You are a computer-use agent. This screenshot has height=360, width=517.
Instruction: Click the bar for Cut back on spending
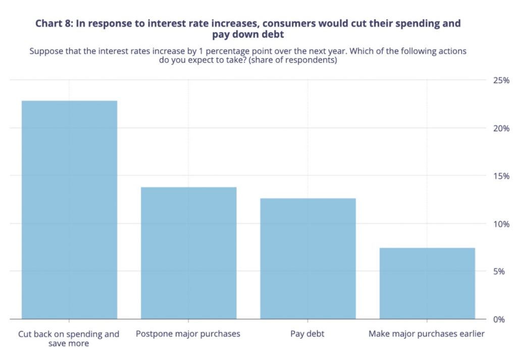(x=69, y=210)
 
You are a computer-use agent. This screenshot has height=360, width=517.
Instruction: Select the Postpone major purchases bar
(x=188, y=252)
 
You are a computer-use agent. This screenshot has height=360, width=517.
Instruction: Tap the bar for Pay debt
(x=307, y=258)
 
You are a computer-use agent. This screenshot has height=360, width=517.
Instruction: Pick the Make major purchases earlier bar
(x=427, y=283)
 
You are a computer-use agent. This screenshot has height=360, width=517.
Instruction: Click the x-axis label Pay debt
(x=307, y=334)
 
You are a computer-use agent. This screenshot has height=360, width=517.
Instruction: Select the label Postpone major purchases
(x=188, y=334)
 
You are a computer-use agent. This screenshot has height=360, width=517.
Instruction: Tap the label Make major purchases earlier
(x=427, y=334)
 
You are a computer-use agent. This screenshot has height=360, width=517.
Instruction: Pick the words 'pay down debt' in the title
(x=248, y=34)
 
